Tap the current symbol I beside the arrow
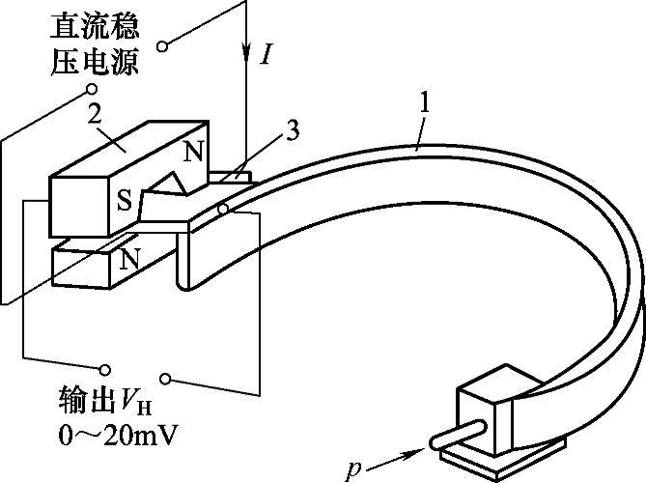(267, 54)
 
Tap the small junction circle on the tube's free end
(222, 209)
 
